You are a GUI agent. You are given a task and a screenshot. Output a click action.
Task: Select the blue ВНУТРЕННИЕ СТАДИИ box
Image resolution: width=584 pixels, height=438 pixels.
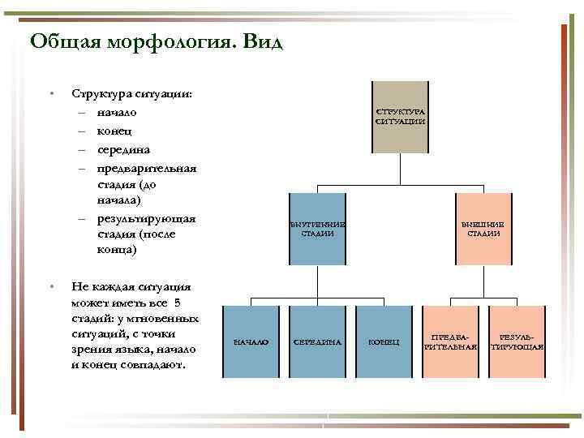318,229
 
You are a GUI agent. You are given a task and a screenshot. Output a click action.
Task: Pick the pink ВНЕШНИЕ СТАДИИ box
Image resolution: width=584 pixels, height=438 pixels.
483,229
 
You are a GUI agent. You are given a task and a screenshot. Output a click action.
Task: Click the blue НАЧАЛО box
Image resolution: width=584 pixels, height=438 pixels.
251,341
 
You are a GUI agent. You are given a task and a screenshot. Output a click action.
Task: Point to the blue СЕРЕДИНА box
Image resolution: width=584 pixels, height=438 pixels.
318,341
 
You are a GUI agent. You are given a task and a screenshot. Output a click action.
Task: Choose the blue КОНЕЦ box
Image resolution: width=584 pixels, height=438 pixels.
384,341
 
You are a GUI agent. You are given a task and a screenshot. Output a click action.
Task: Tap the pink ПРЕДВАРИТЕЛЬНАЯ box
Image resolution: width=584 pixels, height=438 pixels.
450,341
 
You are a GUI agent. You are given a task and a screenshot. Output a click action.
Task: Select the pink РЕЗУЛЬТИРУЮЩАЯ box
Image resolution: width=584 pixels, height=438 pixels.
517,341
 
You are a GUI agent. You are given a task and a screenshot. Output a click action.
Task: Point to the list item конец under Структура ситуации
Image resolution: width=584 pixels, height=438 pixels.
113,131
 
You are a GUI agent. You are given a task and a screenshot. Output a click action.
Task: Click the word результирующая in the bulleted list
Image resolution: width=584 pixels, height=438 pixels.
146,219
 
